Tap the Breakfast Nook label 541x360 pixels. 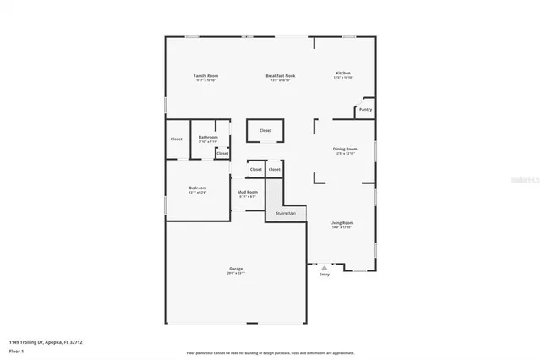pyautogui.click(x=280, y=76)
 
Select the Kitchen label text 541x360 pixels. pyautogui.click(x=343, y=73)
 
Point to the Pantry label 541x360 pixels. pyautogui.click(x=365, y=109)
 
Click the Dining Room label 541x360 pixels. pyautogui.click(x=344, y=149)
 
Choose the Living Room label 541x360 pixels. pyautogui.click(x=342, y=223)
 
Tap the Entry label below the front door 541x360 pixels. pyautogui.click(x=324, y=275)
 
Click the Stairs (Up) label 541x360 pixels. pyautogui.click(x=286, y=213)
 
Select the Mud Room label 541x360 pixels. pyautogui.click(x=247, y=193)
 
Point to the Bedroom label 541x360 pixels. pyautogui.click(x=197, y=188)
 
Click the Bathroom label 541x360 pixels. pyautogui.click(x=208, y=137)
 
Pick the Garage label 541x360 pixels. pyautogui.click(x=235, y=269)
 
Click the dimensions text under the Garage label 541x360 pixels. pyautogui.click(x=235, y=273)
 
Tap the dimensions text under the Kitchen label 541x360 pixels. pyautogui.click(x=343, y=77)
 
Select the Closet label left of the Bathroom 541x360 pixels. pyautogui.click(x=176, y=139)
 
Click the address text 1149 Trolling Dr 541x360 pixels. pyautogui.click(x=46, y=342)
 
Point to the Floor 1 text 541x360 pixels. pyautogui.click(x=16, y=350)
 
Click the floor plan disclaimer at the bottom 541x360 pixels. pyautogui.click(x=270, y=353)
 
